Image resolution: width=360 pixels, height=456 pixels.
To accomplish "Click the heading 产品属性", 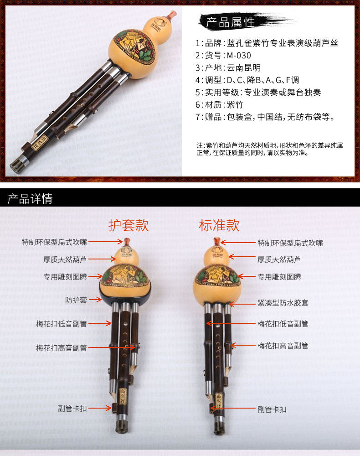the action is [230, 22].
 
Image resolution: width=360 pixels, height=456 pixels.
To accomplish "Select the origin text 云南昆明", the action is [243, 68].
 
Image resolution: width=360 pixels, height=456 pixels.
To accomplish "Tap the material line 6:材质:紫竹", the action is [219, 105].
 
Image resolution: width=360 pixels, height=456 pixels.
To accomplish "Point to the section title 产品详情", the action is [30, 199].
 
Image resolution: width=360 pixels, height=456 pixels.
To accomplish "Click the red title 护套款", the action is [129, 225].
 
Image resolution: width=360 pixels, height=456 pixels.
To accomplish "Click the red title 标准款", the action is [219, 225].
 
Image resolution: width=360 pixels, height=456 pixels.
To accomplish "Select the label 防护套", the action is [76, 300].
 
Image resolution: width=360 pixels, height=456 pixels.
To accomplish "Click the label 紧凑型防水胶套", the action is [283, 303].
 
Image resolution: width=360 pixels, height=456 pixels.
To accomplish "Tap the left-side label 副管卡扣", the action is [72, 409].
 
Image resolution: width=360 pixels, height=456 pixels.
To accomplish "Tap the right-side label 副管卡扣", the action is [272, 409].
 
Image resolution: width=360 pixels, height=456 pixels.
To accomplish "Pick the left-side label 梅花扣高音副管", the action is [62, 348].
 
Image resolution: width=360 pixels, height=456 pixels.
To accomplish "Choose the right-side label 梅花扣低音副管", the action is [283, 324].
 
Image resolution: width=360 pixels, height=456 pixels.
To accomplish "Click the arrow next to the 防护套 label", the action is [95, 300].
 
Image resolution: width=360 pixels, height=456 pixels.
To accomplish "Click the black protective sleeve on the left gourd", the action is [125, 294].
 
